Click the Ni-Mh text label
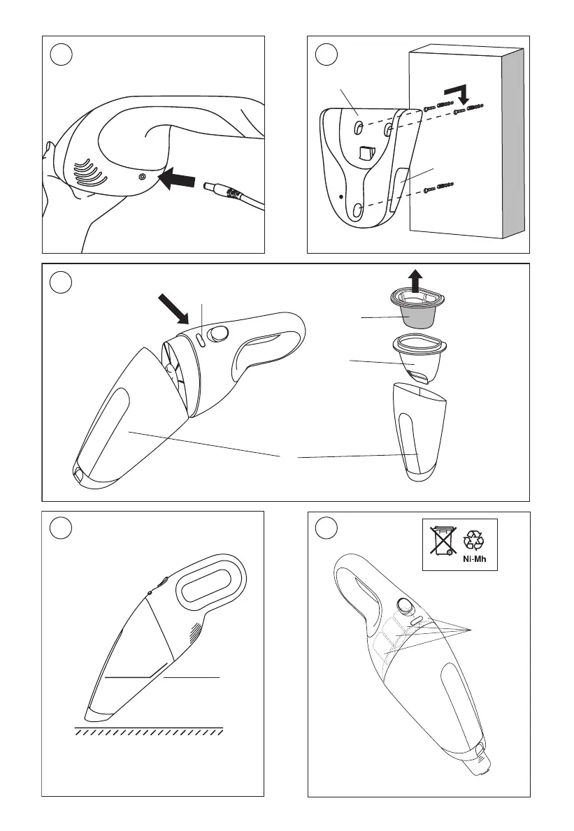[474, 558]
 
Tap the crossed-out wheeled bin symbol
[443, 540]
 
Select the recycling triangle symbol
[473, 540]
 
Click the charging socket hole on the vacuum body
[141, 177]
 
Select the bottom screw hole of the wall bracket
[358, 210]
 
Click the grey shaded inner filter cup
[416, 317]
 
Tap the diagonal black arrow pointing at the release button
[174, 310]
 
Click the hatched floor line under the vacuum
[148, 731]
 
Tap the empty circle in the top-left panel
[61, 55]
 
